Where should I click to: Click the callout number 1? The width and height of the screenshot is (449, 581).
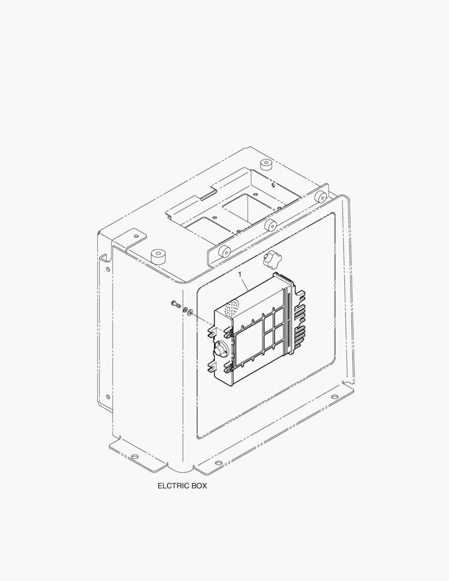pyautogui.click(x=240, y=274)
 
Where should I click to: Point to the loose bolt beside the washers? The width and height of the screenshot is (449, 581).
pyautogui.click(x=175, y=305)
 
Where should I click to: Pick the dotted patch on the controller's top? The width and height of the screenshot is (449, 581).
pyautogui.click(x=232, y=307)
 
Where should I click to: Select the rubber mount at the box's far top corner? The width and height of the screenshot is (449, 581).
pyautogui.click(x=265, y=164)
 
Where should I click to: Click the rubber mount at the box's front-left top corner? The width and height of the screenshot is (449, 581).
pyautogui.click(x=158, y=256)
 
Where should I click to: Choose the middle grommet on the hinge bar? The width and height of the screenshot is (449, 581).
pyautogui.click(x=270, y=224)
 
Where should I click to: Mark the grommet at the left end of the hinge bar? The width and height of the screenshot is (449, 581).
pyautogui.click(x=224, y=250)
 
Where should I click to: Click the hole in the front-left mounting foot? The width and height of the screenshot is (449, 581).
pyautogui.click(x=135, y=457)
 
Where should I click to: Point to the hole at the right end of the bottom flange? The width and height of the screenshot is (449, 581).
pyautogui.click(x=334, y=397)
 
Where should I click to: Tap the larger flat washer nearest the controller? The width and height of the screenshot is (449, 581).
pyautogui.click(x=190, y=312)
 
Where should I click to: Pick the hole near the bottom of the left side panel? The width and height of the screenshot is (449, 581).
pyautogui.click(x=108, y=398)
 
